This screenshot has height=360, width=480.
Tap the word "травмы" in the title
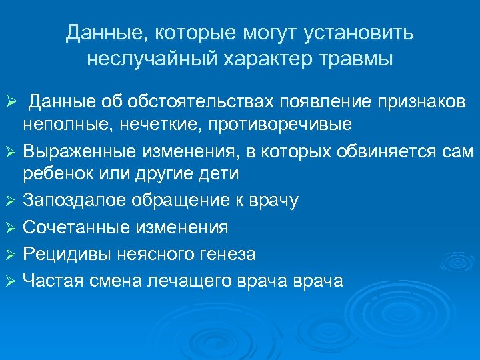tap(357, 59)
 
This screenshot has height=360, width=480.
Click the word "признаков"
tap(415, 101)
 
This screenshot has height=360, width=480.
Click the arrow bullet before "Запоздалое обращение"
tap(9, 201)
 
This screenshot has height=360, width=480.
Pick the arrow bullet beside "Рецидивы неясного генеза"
tap(9, 254)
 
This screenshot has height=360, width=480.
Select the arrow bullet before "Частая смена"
tap(9, 281)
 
